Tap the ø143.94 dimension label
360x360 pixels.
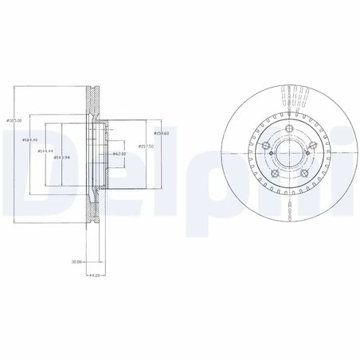62,158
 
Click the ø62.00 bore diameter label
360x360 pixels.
120,154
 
